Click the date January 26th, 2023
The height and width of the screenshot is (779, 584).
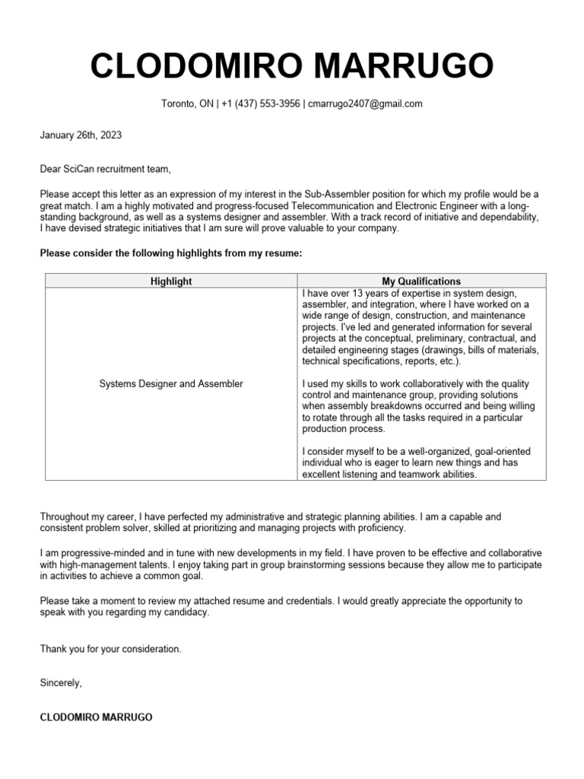pyautogui.click(x=81, y=135)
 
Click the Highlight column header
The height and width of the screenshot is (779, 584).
pyautogui.click(x=171, y=281)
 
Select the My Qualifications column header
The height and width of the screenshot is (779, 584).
pyautogui.click(x=421, y=281)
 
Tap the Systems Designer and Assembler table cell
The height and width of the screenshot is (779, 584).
pyautogui.click(x=171, y=384)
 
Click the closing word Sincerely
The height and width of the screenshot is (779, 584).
pyautogui.click(x=60, y=683)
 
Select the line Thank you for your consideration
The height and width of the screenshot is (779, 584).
pyautogui.click(x=111, y=650)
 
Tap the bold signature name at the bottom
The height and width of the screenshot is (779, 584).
pyautogui.click(x=96, y=717)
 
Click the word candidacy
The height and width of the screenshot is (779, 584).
pyautogui.click(x=185, y=612)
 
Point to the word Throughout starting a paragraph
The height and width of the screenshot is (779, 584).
pyautogui.click(x=65, y=517)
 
